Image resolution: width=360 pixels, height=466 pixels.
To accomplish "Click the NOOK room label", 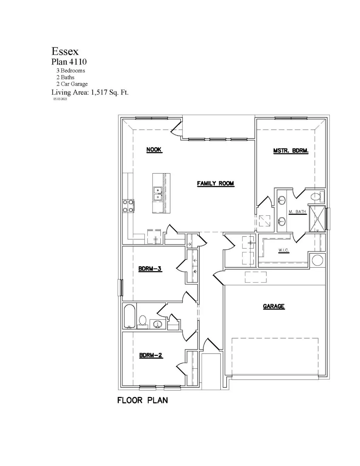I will click(x=154, y=150).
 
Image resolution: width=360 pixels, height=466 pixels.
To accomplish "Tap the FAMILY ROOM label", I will click(x=215, y=183).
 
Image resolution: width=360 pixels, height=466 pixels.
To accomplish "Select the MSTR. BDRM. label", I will click(x=291, y=150).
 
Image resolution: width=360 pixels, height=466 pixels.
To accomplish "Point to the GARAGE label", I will click(x=274, y=306).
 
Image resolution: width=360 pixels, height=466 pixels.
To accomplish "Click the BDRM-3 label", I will click(x=150, y=268).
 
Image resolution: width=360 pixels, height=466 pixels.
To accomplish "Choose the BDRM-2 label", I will click(x=151, y=355).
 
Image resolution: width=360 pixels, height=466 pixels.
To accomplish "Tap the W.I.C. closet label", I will click(x=284, y=250).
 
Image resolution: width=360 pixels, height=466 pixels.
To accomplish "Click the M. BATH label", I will click(x=297, y=212).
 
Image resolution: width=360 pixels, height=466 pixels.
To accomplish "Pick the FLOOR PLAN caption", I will click(x=143, y=400).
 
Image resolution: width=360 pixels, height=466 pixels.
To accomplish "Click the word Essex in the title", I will click(x=65, y=51).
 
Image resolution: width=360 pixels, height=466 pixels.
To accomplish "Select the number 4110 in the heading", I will click(x=78, y=62).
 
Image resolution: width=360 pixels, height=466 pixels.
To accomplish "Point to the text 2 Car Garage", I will click(x=72, y=84).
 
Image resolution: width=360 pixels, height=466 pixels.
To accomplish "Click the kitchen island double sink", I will click(x=157, y=194).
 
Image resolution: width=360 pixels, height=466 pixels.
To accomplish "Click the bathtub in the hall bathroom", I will click(x=130, y=316).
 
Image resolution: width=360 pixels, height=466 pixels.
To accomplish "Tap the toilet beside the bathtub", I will click(x=143, y=321).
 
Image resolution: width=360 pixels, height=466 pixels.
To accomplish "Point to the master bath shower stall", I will click(x=317, y=219).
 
